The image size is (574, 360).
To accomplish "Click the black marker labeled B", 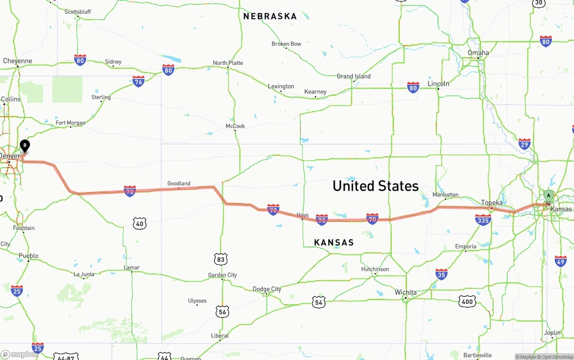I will click(25, 146).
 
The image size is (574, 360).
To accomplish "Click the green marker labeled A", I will click(548, 196).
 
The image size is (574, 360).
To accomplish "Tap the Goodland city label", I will click(178, 183).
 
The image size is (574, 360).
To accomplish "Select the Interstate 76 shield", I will click(138, 81).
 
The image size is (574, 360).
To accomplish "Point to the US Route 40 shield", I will click(139, 223).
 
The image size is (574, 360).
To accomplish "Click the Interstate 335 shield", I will click(483, 220).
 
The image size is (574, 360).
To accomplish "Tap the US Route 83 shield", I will click(221, 259).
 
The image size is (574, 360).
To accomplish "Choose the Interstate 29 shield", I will click(524, 143).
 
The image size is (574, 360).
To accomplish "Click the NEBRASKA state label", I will click(270, 17).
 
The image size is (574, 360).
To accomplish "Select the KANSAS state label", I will click(334, 243).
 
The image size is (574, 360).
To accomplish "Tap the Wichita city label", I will click(405, 292).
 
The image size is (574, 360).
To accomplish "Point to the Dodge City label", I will click(267, 289).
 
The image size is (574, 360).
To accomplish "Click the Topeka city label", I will click(492, 203).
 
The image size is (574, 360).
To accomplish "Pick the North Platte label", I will click(228, 63).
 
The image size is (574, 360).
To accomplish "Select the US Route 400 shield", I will click(467, 302).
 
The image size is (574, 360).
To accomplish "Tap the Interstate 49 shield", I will click(561, 261).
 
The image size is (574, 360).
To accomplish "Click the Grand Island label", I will click(354, 76).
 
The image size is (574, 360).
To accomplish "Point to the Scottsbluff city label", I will click(78, 12).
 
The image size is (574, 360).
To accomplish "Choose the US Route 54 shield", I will click(318, 302).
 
